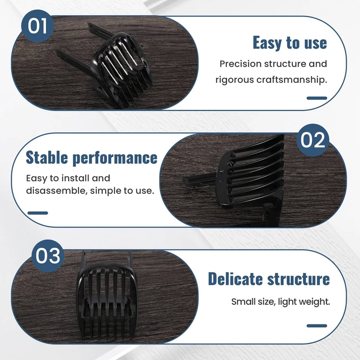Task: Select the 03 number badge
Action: pos(48,256)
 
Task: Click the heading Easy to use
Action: pos(289,43)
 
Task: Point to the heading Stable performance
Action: pos(91,158)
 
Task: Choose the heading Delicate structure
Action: pos(269,279)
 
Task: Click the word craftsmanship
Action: pos(294,80)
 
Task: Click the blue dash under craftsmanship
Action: pos(317,98)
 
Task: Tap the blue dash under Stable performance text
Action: pos(37,212)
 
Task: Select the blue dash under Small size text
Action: pos(317,325)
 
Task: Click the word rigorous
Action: pos(235,80)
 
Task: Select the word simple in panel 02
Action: pos(103,190)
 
